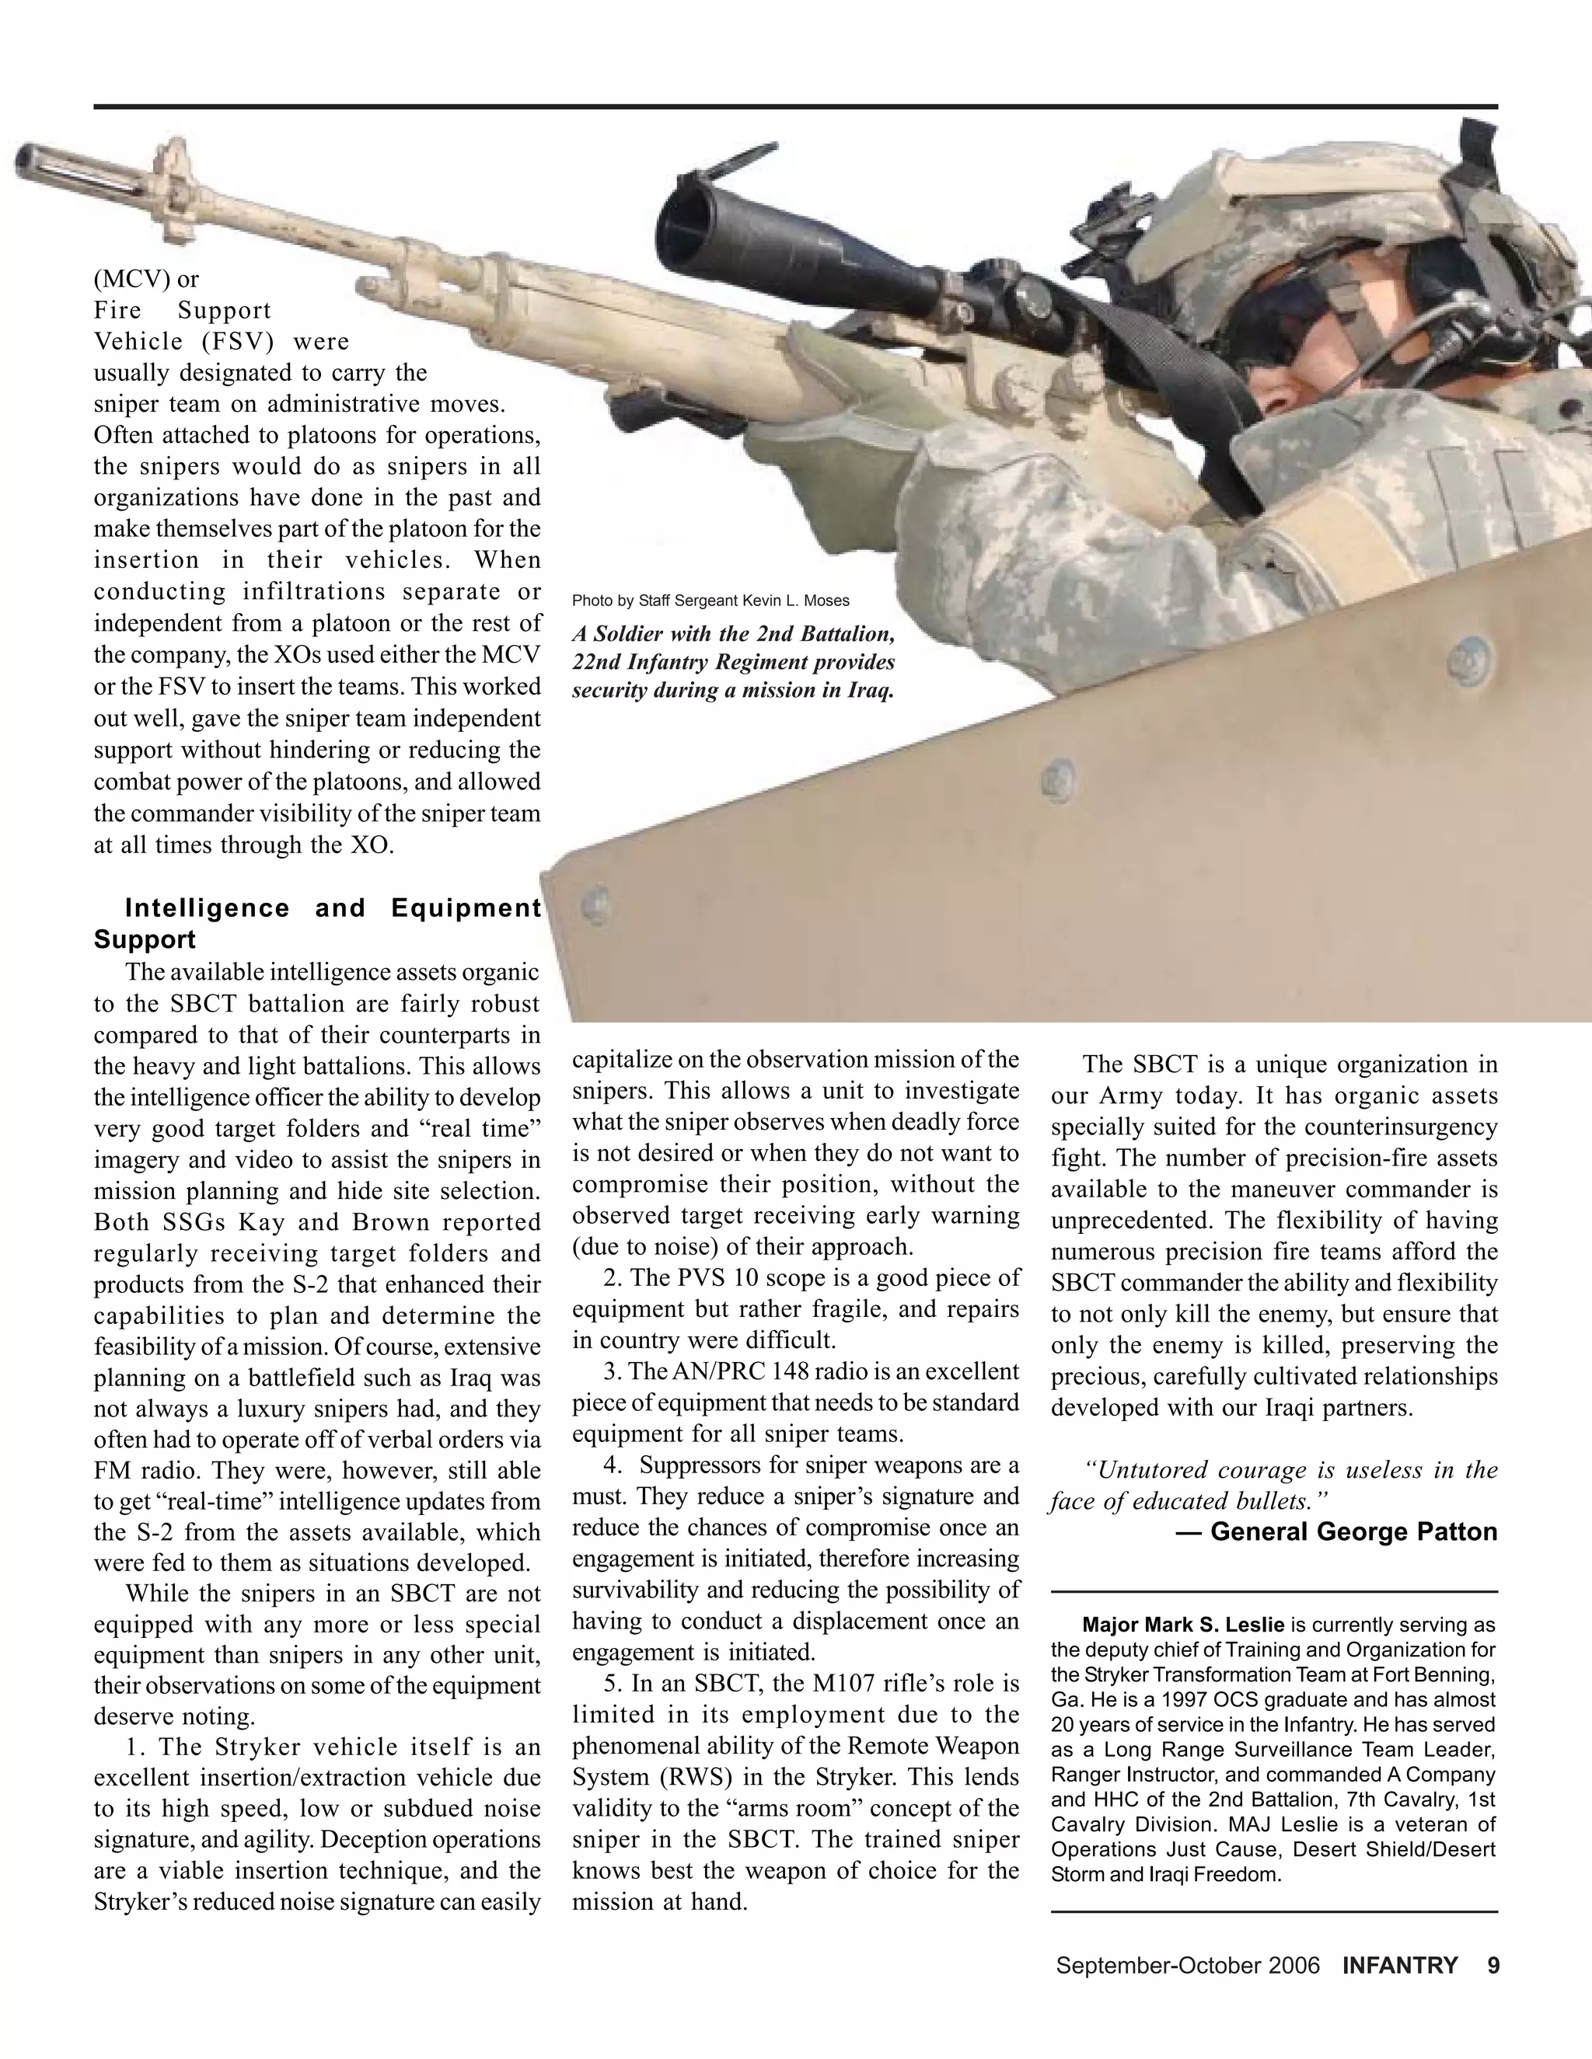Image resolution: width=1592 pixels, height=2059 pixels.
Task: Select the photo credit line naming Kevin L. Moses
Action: click(x=710, y=601)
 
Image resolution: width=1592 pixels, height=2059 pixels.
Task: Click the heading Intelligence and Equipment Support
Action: click(x=317, y=923)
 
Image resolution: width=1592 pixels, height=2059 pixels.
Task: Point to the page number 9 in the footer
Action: click(x=1493, y=1966)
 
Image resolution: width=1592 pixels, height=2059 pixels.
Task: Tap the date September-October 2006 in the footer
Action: click(x=1186, y=1966)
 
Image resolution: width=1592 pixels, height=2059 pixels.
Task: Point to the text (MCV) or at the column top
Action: click(x=146, y=279)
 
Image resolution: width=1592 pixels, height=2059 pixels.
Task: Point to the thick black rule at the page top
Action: click(x=795, y=106)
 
